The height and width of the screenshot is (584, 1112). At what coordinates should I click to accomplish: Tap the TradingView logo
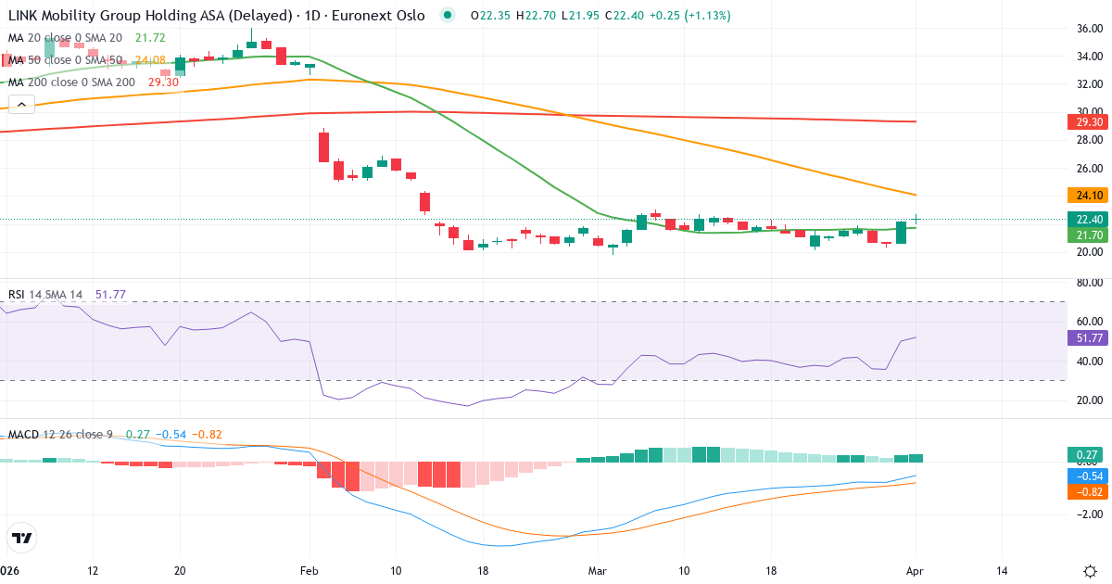(x=21, y=538)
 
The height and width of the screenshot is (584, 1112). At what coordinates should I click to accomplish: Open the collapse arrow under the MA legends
(x=21, y=104)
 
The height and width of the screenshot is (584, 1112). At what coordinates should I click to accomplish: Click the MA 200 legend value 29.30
(x=163, y=83)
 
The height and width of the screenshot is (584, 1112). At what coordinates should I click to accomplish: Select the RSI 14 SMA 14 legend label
(x=44, y=295)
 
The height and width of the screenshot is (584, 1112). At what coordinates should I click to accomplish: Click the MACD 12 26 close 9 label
(x=61, y=435)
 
